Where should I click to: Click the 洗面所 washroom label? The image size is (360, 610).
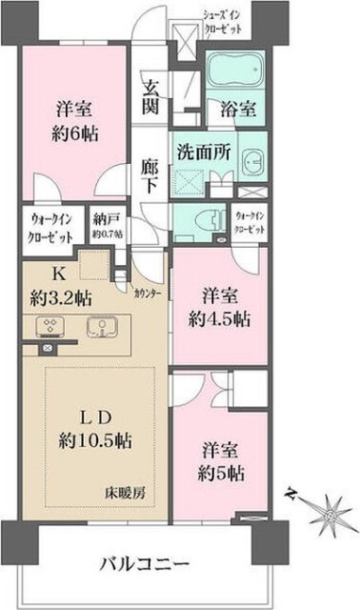(x=199, y=150)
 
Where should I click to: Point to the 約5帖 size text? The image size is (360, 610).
(x=223, y=469)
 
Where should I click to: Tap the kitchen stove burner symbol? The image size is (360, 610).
(x=49, y=327)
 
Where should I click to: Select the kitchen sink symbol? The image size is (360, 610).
(x=98, y=327)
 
